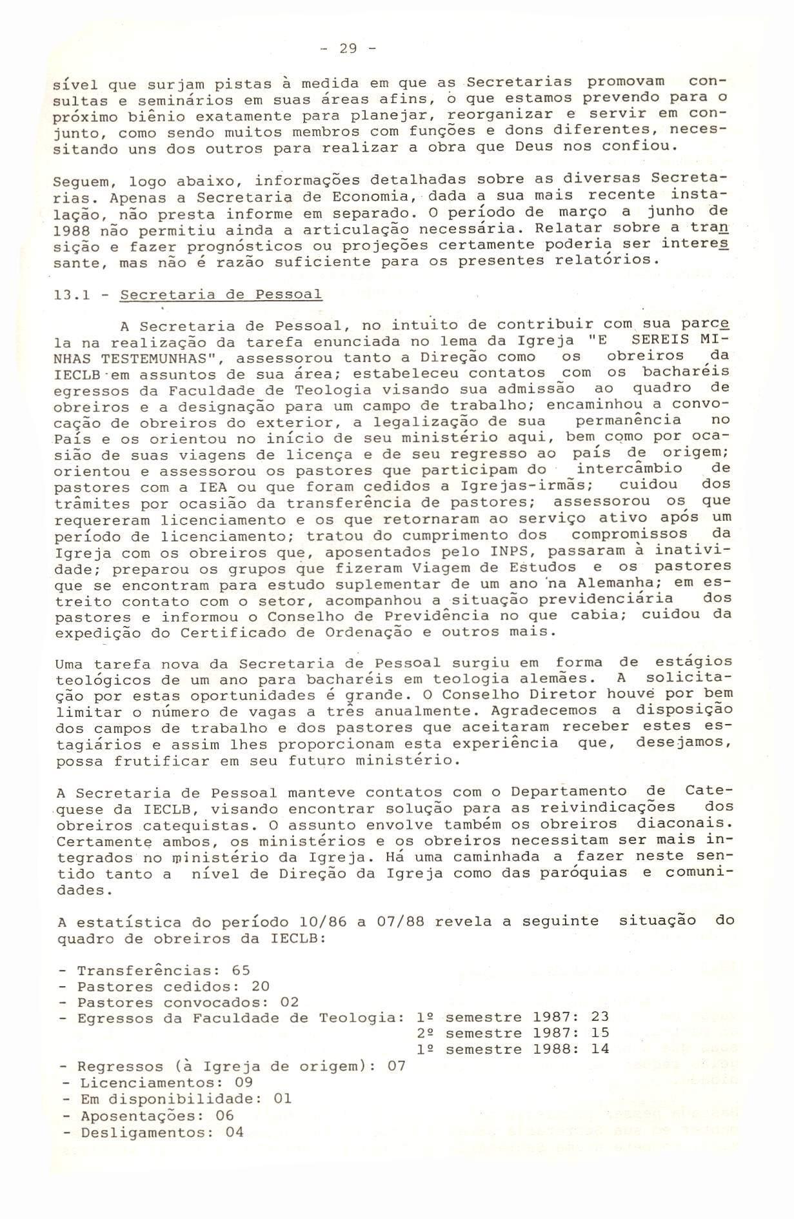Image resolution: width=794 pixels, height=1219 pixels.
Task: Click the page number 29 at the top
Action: click(348, 49)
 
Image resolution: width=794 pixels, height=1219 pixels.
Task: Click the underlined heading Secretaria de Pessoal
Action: click(221, 295)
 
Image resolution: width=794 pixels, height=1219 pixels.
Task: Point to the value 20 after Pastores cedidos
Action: click(260, 986)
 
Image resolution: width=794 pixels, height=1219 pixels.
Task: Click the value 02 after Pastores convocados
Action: click(290, 1002)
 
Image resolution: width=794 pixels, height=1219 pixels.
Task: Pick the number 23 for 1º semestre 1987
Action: click(600, 1018)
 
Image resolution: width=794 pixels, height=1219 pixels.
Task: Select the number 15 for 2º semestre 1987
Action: click(600, 1034)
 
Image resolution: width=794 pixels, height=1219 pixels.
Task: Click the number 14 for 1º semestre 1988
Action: click(600, 1049)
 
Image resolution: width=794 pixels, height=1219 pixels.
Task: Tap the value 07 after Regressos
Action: click(396, 1065)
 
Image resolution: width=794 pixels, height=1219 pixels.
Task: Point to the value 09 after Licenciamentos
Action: click(244, 1082)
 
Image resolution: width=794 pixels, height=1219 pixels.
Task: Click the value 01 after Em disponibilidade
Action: click(283, 1098)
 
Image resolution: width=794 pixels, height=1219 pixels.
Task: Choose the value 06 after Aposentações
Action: click(224, 1115)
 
